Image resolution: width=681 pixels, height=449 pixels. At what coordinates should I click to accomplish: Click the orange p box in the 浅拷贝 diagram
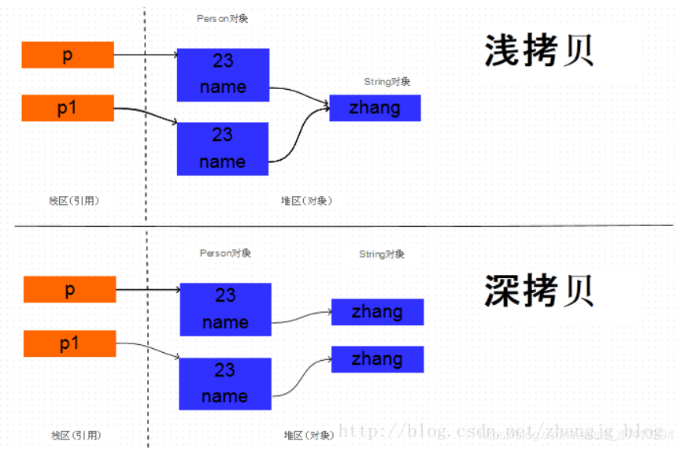[68, 55]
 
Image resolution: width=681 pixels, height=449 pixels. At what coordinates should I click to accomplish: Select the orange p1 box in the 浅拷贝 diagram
[68, 108]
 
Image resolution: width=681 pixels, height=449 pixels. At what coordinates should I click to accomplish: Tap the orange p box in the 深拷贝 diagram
[70, 290]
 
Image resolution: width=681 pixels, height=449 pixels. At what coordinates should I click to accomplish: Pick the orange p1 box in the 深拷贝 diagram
[70, 343]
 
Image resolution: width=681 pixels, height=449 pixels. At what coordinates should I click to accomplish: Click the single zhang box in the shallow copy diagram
[375, 108]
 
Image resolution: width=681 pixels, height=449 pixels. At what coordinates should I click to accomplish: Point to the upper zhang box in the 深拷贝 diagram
[377, 312]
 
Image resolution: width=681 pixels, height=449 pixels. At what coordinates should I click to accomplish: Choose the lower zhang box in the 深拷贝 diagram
[377, 359]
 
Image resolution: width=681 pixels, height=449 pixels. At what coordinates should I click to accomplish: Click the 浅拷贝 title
[539, 51]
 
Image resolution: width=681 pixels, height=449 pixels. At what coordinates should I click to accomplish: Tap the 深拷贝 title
[539, 291]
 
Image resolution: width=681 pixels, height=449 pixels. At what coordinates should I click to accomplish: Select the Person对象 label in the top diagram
[222, 18]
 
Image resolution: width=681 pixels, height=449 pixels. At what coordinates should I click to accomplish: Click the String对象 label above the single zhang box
[387, 82]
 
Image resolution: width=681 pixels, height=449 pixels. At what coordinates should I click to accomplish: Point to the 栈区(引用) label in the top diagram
[74, 201]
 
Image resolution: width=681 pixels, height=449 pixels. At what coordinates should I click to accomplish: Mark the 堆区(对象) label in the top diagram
[307, 201]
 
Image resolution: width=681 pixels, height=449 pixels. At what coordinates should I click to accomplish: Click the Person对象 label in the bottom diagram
[225, 254]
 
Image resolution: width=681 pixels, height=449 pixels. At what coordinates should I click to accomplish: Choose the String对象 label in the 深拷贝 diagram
[382, 254]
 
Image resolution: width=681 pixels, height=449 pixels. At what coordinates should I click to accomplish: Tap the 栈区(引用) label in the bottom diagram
[76, 435]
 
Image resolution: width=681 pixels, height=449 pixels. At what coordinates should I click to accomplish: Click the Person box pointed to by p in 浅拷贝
[223, 75]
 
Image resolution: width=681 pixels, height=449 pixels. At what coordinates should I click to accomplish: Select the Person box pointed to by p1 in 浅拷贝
[223, 148]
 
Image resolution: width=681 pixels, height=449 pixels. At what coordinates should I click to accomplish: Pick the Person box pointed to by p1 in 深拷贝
[225, 384]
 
